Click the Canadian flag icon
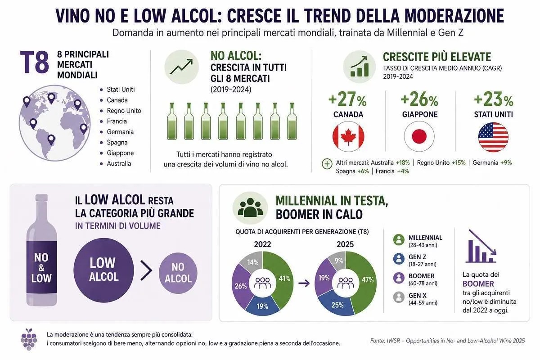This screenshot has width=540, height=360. (348, 136)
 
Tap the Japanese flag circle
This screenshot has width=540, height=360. (419, 136)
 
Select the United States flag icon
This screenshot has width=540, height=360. (493, 137)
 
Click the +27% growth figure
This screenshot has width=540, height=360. (347, 99)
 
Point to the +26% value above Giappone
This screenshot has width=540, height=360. (419, 99)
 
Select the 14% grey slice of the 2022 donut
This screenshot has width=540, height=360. (252, 262)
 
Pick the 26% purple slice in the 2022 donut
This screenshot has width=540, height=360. (241, 286)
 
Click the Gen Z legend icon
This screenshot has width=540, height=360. (399, 259)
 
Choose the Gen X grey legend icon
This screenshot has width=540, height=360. (399, 297)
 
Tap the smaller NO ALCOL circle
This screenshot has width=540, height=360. (178, 273)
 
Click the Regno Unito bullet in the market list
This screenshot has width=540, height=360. (124, 111)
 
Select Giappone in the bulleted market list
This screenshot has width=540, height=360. (120, 153)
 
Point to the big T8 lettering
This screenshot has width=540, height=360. (34, 62)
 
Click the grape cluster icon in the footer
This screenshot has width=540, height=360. (29, 339)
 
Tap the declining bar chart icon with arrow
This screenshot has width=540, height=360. (481, 246)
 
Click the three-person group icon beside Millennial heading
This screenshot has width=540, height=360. (250, 208)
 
